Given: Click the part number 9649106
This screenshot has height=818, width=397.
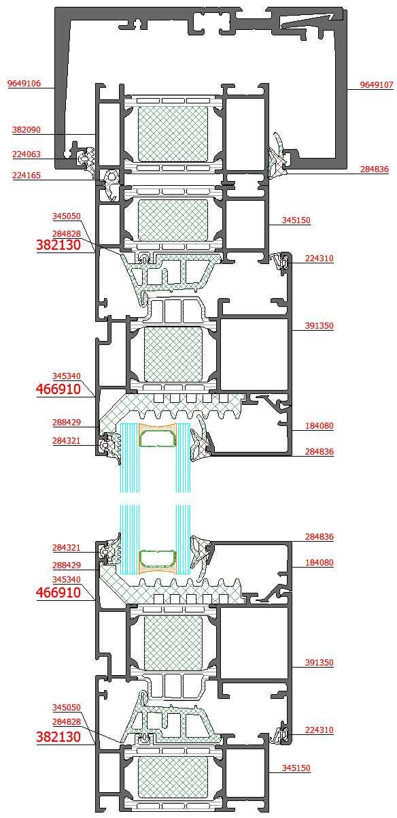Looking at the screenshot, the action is [x=24, y=84].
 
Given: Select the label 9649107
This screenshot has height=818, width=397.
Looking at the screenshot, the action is [x=377, y=85].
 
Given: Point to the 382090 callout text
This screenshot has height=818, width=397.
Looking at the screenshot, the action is [x=27, y=130].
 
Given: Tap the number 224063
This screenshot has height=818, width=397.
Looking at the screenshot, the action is [x=27, y=154].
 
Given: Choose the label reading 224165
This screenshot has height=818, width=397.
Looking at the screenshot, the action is [x=27, y=176].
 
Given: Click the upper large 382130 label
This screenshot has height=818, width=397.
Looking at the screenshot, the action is [x=58, y=245].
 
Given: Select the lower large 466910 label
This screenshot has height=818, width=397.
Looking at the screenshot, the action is [x=58, y=592].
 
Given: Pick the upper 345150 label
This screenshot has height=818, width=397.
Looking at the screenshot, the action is [x=296, y=220].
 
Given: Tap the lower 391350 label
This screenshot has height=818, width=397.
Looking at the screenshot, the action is [x=320, y=662].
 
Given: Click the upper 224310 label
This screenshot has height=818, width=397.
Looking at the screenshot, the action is [x=320, y=259].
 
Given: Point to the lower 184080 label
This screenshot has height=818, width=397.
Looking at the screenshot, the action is [x=320, y=563].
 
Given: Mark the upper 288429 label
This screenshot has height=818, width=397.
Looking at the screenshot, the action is [x=67, y=423].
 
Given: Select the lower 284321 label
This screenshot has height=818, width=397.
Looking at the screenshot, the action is [x=67, y=548].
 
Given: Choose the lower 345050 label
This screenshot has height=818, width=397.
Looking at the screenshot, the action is [x=67, y=708].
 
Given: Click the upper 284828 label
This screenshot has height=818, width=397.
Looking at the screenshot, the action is [x=67, y=234].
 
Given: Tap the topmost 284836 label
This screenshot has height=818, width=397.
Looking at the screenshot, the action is [x=375, y=169].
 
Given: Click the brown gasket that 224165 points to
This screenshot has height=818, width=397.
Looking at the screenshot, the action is [x=111, y=184].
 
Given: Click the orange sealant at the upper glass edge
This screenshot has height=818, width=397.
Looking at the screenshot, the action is [x=158, y=427].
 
